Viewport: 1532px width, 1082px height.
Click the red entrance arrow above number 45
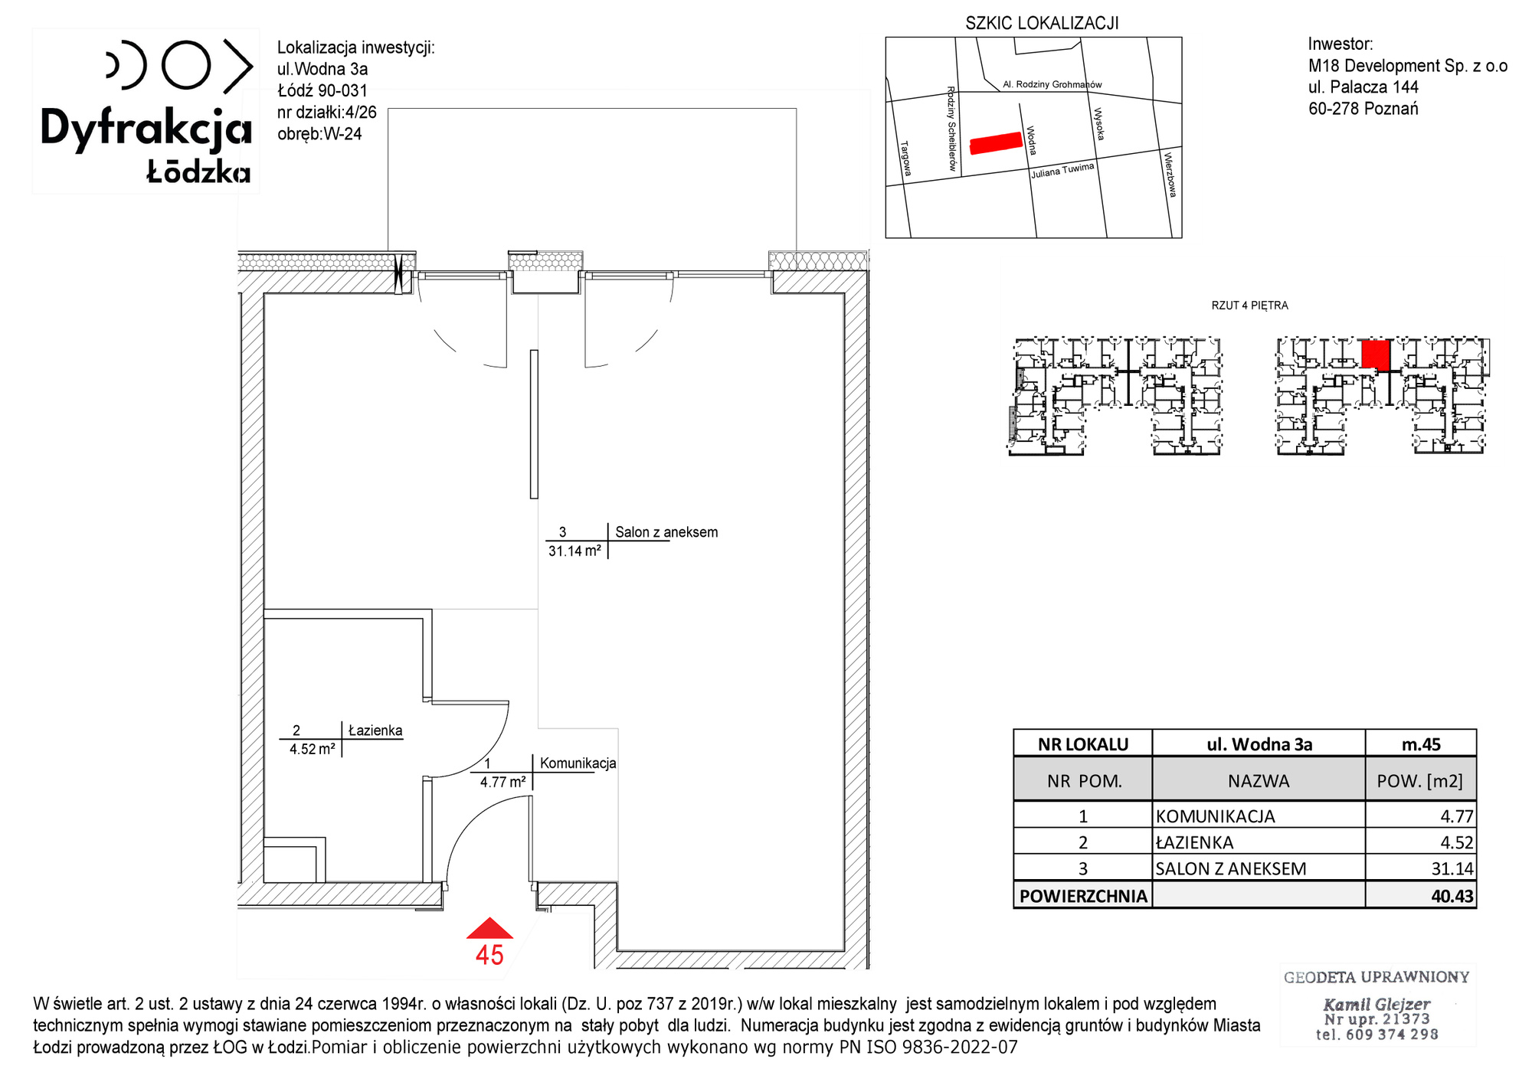[x=489, y=929]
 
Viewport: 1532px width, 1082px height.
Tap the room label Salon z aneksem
[x=666, y=532]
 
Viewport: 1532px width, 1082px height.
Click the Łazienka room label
[x=375, y=731]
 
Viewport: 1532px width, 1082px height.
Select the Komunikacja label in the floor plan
[x=578, y=763]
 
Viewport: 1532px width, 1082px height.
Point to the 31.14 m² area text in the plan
[x=574, y=551]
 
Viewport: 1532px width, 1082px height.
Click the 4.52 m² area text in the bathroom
[x=313, y=749]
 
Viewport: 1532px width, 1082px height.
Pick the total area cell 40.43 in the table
[x=1452, y=896]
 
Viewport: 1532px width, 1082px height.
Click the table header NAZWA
[x=1259, y=781]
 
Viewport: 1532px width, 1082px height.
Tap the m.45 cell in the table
[x=1421, y=744]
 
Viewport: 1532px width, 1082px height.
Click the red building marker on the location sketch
[x=997, y=143]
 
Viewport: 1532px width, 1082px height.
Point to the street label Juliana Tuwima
[x=1062, y=170]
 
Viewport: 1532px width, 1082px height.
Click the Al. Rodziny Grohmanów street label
[x=1052, y=84]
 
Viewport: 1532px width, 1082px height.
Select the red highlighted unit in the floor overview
[x=1376, y=355]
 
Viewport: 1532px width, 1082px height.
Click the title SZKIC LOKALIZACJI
[x=1042, y=23]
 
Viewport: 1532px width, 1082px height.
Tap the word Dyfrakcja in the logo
[x=146, y=129]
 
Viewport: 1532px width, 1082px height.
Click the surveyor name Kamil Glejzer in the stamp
[x=1377, y=1004]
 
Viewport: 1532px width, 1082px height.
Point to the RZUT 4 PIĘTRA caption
[x=1249, y=306]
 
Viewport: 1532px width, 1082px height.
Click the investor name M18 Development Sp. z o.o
[x=1408, y=66]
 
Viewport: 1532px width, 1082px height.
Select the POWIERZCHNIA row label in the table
[x=1083, y=896]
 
